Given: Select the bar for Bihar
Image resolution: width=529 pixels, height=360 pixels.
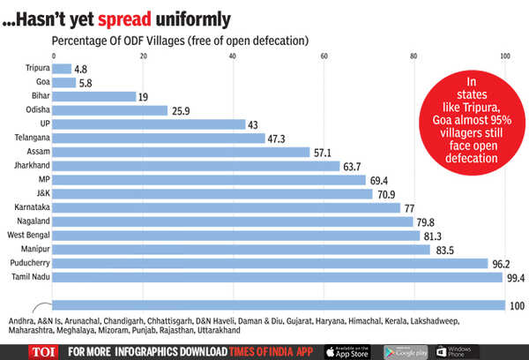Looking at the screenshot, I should tap(95, 96).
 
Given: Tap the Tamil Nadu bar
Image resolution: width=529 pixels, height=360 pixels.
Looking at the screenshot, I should tap(276, 277).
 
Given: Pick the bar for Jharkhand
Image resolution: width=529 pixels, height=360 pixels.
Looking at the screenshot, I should tap(197, 166).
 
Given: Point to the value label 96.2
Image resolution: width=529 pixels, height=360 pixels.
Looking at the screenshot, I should tap(505, 264).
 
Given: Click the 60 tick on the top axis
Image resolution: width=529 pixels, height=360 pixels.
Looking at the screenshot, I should tap(324, 56).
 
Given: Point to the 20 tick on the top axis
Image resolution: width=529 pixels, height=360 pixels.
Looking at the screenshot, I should tap(144, 56).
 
